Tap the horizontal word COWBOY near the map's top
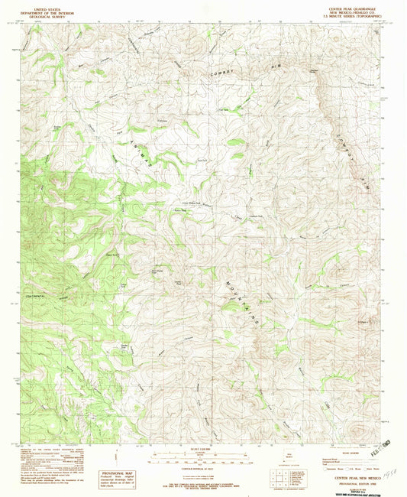click(x=222, y=70)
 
